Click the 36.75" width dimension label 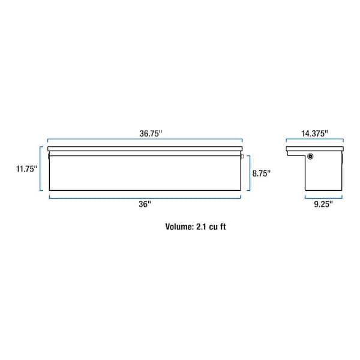coord(145,134)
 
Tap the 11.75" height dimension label coord(27,169)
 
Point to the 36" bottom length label coord(145,203)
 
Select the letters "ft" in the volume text coord(226,227)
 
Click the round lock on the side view coord(311,157)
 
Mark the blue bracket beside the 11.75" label coord(42,169)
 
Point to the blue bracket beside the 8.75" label coord(248,173)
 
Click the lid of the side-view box coord(316,149)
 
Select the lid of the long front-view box coord(145,149)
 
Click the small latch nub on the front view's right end coord(244,157)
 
